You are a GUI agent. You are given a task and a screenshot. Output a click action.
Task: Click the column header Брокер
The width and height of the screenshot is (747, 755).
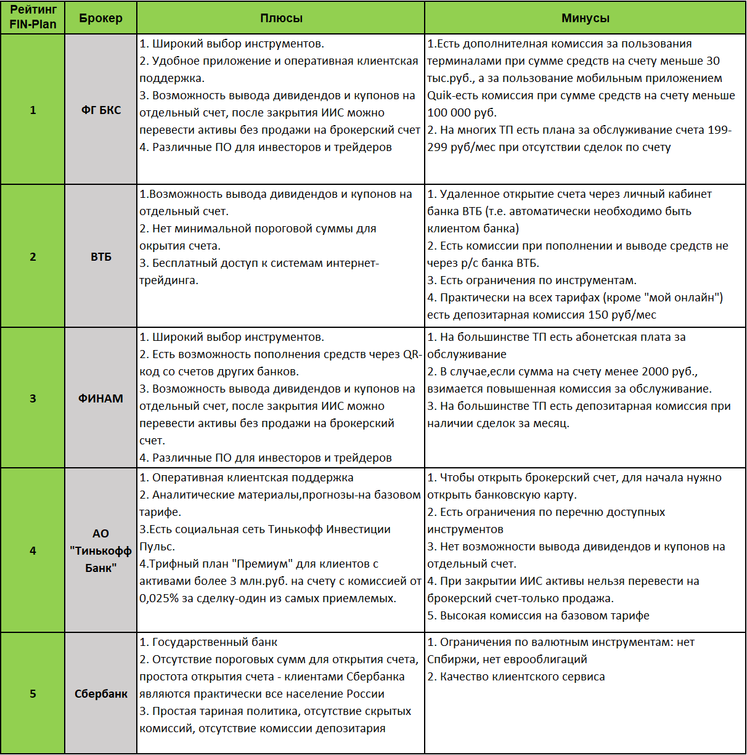100,18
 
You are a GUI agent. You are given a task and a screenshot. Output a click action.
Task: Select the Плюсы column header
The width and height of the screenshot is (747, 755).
281,18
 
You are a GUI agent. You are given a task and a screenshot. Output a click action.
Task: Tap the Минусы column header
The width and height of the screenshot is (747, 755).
585,18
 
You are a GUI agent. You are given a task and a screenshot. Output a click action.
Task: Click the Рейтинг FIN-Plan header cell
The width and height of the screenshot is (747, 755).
33,17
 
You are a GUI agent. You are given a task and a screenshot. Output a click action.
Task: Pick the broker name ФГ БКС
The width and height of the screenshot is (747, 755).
101,110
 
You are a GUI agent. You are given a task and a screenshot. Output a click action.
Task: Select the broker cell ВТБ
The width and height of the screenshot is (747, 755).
101,257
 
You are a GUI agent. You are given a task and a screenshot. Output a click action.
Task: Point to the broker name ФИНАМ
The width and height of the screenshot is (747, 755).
100,399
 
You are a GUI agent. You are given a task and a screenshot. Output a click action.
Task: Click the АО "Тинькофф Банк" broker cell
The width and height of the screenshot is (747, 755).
100,551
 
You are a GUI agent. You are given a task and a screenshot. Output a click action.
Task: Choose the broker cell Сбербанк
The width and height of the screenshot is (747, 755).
101,694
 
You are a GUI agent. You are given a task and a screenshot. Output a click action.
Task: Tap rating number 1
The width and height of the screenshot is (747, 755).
33,110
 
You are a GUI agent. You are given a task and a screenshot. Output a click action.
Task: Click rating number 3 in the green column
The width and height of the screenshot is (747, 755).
33,399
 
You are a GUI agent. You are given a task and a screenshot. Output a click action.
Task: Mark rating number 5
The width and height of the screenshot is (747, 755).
33,694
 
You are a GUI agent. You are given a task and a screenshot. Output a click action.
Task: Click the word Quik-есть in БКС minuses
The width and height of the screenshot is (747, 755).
451,96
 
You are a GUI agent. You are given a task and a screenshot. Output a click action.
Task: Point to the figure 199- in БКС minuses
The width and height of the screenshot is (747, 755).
719,130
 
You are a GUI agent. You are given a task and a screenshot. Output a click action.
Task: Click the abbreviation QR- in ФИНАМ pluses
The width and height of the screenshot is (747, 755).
412,354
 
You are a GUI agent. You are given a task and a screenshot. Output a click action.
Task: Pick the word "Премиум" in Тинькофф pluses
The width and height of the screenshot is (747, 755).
264,564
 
